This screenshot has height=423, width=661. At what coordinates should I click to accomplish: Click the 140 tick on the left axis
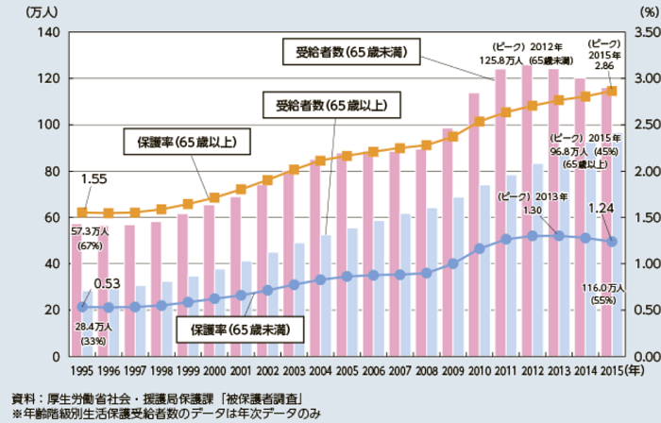click(48, 33)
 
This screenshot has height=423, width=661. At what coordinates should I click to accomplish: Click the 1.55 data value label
click(93, 178)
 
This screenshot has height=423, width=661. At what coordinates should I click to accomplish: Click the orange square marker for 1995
click(81, 212)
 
